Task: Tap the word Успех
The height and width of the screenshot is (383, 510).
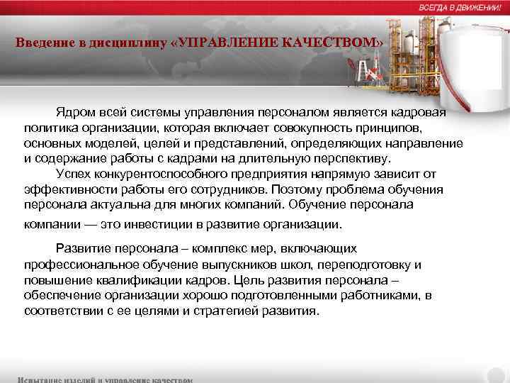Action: click(73, 174)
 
